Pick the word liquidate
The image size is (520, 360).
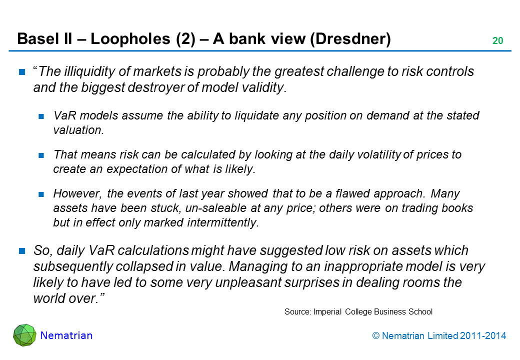[240, 115]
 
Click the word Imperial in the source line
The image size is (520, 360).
[327, 311]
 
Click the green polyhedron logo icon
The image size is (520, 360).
[24, 335]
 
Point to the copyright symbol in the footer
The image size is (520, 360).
[375, 336]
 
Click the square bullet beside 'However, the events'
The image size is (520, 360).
[42, 194]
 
